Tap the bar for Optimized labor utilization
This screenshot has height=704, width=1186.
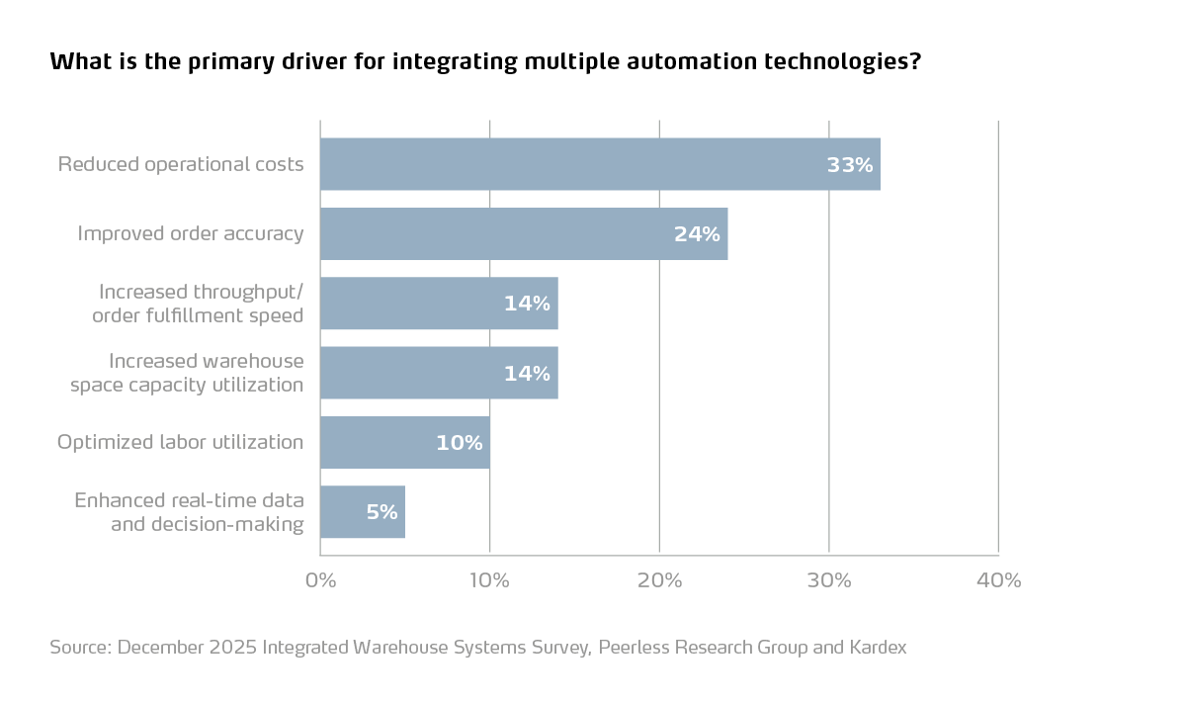(405, 442)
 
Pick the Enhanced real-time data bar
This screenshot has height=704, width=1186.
(363, 512)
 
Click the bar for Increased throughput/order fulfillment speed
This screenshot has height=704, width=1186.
(439, 304)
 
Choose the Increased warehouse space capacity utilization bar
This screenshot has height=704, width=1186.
(439, 373)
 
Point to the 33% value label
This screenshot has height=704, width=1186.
(850, 165)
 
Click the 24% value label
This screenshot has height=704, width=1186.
(697, 234)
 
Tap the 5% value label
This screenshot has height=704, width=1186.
(381, 512)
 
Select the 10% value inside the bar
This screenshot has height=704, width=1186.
(460, 443)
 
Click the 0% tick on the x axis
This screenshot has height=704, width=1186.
(320, 580)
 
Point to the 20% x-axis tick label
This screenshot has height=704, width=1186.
(659, 580)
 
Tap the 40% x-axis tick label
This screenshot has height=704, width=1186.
(998, 580)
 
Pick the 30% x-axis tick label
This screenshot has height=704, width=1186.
(829, 580)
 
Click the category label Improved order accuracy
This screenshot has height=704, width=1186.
(191, 234)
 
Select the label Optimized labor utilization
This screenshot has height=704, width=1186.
(180, 442)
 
